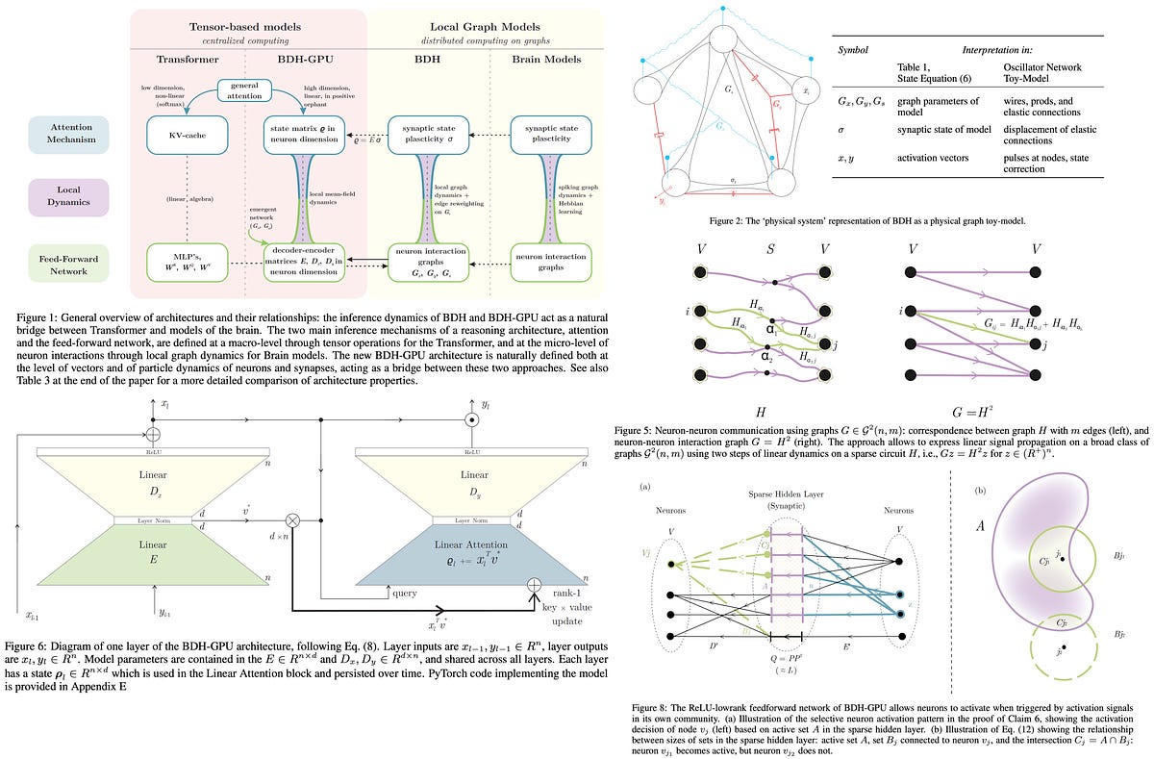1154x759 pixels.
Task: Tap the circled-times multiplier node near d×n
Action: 292,520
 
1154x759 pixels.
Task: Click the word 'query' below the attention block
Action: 405,593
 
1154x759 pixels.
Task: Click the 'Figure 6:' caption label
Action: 28,646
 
